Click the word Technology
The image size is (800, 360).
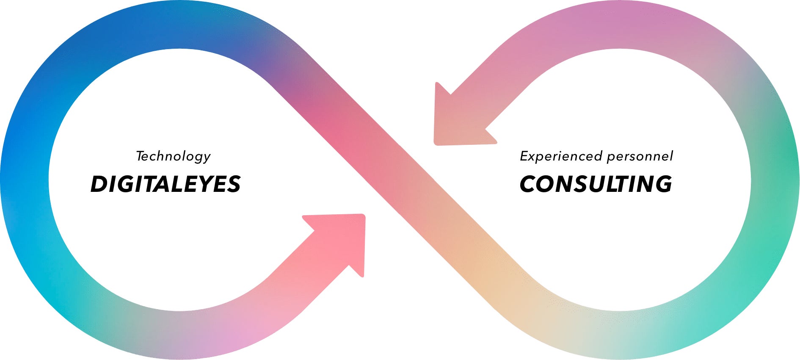click(173, 156)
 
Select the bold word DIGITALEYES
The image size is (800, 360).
click(166, 184)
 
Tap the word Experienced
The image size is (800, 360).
click(561, 156)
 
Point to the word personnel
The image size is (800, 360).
click(640, 157)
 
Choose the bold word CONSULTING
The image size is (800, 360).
click(596, 184)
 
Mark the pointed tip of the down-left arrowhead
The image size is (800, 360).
click(436, 143)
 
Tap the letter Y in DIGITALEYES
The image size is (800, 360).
click(208, 184)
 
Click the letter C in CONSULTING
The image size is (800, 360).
click(529, 184)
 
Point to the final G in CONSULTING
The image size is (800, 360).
click(662, 184)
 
